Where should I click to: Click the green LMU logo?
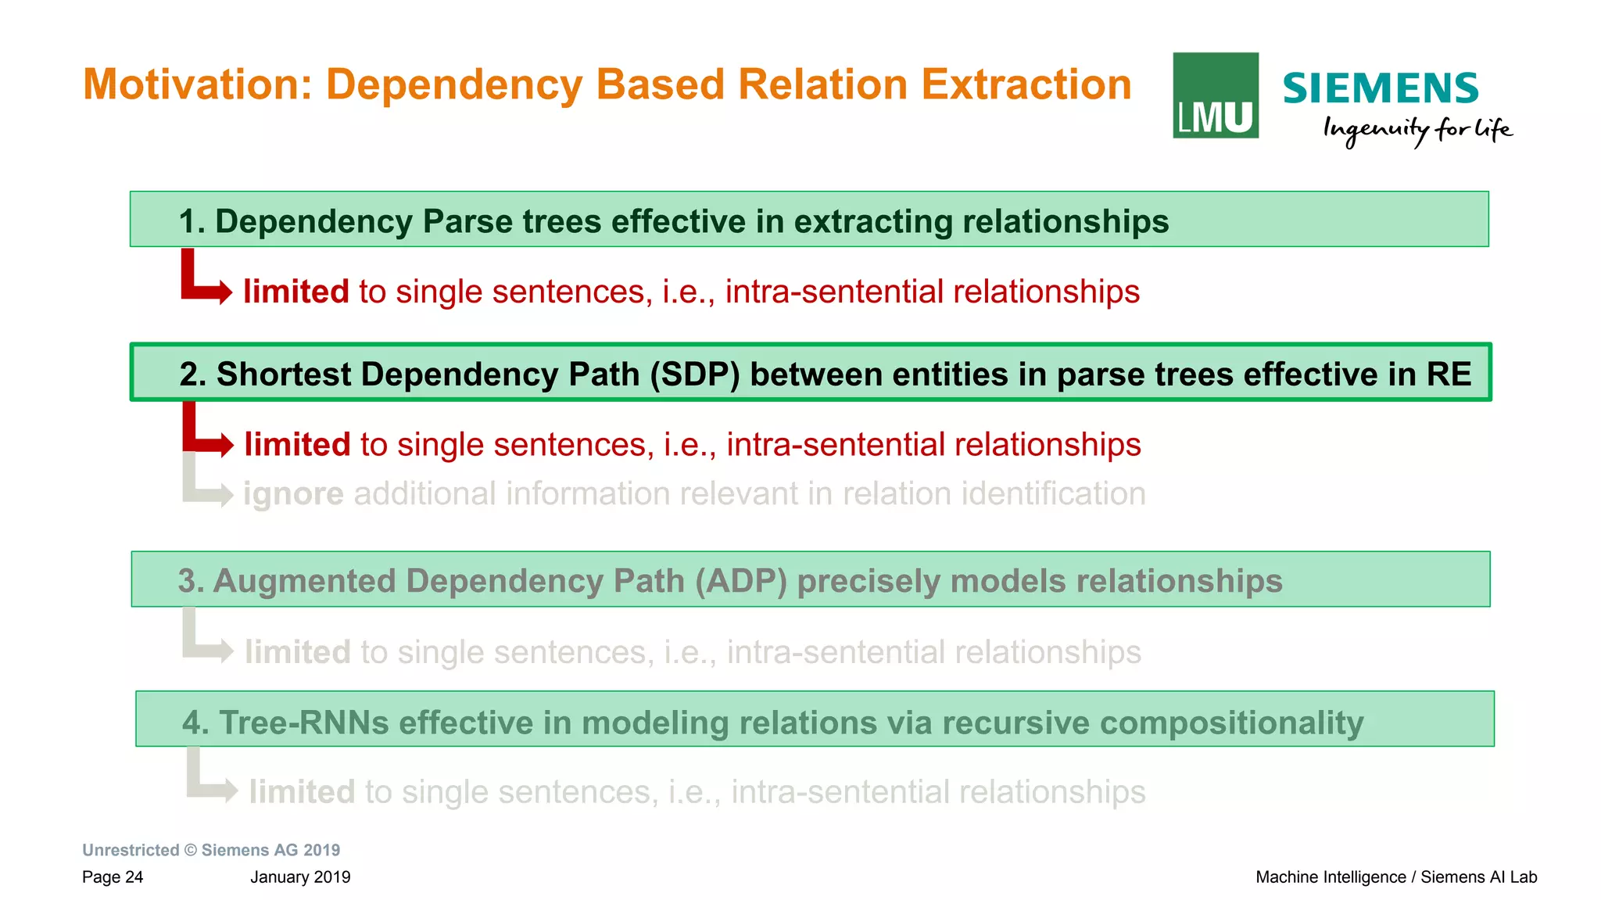1215,95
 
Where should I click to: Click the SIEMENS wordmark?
1380,88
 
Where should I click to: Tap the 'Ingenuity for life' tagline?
1417,130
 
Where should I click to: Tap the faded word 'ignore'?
293,494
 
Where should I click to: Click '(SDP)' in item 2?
694,375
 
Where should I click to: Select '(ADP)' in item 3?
740,581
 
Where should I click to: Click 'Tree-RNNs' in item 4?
303,723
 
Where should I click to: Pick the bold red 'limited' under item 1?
295,292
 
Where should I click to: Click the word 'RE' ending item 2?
1448,375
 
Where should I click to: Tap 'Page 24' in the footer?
113,877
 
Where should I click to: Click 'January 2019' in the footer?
300,877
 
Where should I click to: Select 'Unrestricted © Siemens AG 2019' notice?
211,850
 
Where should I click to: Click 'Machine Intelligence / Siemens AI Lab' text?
1395,877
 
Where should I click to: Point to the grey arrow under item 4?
210,782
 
